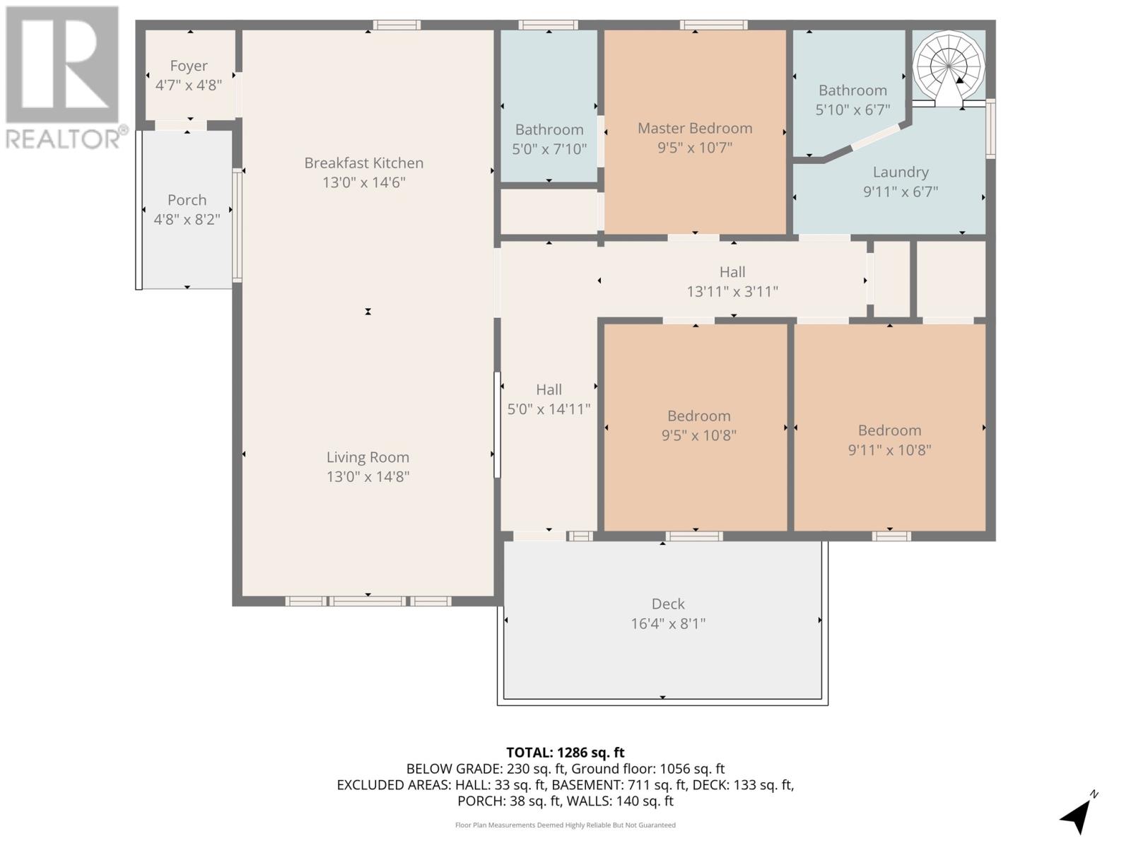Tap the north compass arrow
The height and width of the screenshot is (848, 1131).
[1077, 816]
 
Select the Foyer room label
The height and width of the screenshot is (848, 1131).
[189, 66]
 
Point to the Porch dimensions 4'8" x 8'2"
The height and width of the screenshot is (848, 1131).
[187, 220]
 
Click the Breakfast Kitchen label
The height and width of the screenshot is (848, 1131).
[364, 163]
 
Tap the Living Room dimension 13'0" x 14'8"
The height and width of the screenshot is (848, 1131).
[368, 477]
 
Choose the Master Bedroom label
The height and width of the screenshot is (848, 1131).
[695, 128]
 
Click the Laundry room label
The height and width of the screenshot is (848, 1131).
[901, 172]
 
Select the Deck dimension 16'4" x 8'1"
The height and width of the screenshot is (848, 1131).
[668, 624]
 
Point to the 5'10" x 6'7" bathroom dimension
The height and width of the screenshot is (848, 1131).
[852, 110]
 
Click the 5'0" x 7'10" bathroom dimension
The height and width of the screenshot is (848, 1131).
[549, 149]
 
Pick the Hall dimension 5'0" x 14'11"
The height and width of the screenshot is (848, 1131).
[549, 409]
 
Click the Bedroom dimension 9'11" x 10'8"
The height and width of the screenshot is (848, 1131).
[889, 450]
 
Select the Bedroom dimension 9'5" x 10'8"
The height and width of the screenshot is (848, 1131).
[699, 435]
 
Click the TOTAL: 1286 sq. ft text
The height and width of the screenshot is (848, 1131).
[565, 753]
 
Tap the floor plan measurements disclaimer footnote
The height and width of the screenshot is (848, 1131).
[565, 825]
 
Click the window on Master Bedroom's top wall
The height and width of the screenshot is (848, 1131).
[714, 25]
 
